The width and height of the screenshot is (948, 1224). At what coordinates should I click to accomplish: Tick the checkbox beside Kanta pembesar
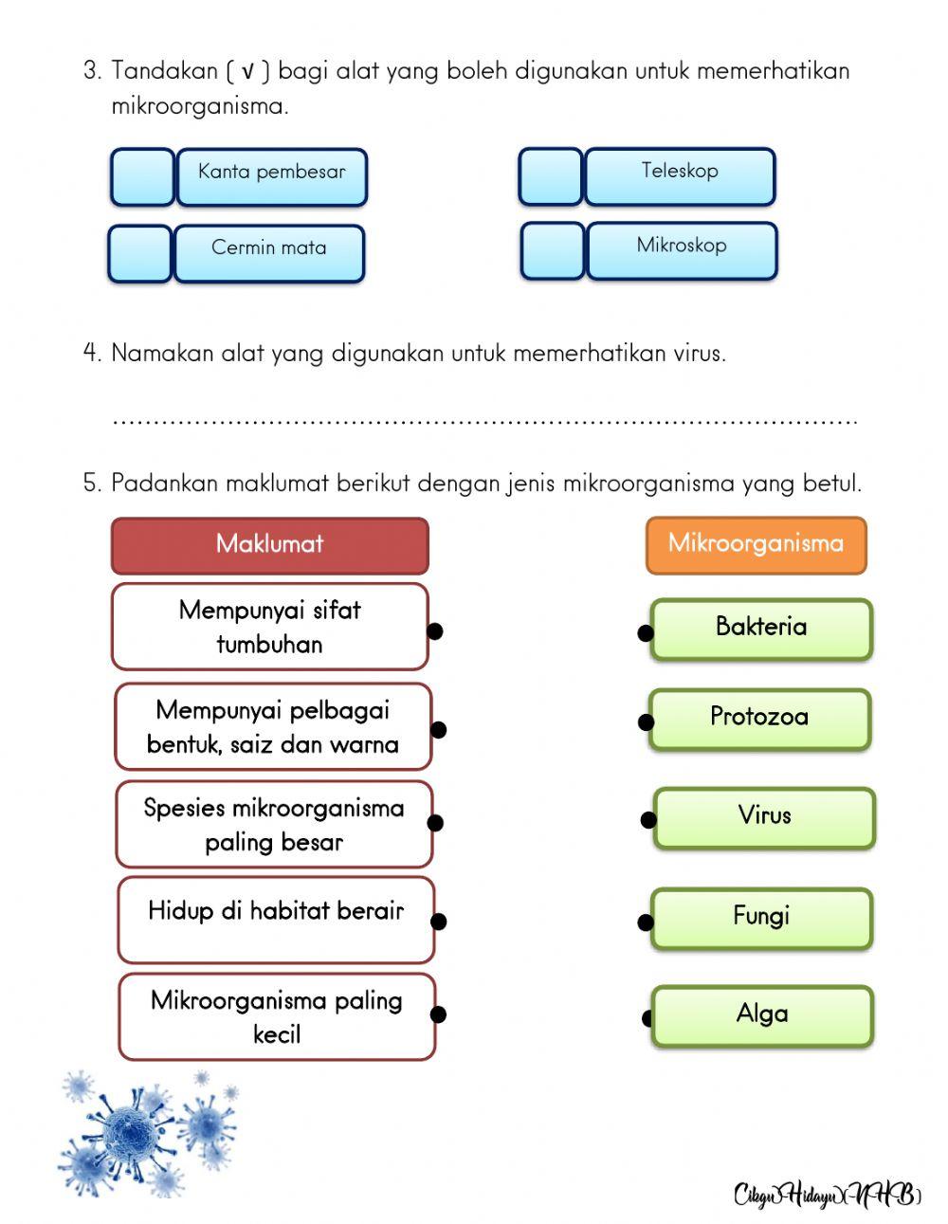click(142, 177)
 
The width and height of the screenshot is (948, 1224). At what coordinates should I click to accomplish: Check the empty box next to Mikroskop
click(553, 251)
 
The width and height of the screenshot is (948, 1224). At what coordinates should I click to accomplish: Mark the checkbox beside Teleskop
click(551, 176)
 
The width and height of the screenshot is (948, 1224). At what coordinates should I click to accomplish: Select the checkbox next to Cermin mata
click(140, 253)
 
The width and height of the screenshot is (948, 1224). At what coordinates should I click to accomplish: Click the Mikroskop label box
click(682, 250)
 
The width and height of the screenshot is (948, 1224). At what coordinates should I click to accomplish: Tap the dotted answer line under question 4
click(483, 419)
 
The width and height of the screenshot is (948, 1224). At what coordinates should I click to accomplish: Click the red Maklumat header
click(270, 545)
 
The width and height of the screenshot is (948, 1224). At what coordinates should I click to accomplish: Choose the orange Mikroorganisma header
click(756, 545)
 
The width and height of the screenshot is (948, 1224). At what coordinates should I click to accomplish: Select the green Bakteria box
click(761, 629)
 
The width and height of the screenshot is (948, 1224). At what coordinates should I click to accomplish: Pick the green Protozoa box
click(759, 719)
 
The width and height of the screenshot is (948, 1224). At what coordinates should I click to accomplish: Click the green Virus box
click(764, 817)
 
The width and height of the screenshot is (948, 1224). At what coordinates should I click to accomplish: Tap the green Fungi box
click(761, 918)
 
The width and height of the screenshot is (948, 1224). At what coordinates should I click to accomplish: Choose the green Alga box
click(762, 1015)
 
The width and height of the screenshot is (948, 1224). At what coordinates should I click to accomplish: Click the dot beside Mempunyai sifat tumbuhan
click(435, 630)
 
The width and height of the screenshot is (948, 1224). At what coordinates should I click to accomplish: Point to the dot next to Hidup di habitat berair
click(439, 921)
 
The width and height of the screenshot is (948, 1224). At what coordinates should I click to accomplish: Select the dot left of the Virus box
click(648, 820)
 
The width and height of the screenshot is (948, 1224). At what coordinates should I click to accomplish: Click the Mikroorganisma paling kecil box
click(277, 1016)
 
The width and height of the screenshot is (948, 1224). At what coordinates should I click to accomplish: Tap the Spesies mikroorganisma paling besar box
click(274, 824)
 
